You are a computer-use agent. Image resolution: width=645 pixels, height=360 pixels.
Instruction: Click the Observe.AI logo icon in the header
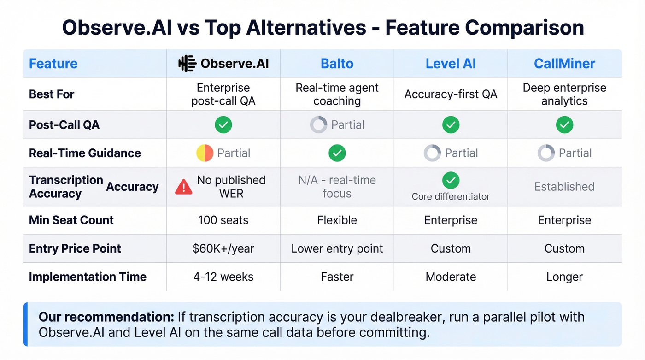[x=187, y=64]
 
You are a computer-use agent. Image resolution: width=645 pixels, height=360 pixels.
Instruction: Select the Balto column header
[x=337, y=64]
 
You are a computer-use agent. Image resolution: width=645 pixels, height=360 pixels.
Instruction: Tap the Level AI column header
[x=451, y=64]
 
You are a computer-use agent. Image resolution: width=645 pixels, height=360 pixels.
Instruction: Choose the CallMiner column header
[x=564, y=64]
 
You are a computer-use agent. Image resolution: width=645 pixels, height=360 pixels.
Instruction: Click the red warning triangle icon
[x=184, y=187]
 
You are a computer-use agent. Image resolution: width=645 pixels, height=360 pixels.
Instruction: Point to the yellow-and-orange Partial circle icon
[x=205, y=153]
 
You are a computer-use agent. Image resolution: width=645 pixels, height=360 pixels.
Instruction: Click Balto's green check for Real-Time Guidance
[x=337, y=153]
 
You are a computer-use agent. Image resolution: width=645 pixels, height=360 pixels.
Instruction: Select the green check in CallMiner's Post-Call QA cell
[x=564, y=124]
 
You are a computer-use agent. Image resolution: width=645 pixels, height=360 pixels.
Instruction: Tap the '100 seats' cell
[x=223, y=220]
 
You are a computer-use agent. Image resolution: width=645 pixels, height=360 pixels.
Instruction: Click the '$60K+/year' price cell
[x=223, y=248]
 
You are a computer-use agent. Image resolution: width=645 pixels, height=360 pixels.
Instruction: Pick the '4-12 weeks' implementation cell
[x=223, y=277]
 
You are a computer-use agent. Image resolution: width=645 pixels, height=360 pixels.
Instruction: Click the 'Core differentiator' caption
[x=451, y=197]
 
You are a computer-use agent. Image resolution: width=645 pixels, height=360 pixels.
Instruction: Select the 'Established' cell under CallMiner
[x=564, y=187]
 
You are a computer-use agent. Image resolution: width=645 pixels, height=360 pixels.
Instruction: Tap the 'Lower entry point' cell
[x=337, y=248]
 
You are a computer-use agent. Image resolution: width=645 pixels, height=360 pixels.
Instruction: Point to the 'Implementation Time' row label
[x=88, y=277]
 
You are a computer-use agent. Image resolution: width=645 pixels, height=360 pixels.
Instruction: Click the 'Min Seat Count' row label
[x=71, y=220]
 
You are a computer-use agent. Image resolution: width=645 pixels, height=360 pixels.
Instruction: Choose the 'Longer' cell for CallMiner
[x=564, y=277]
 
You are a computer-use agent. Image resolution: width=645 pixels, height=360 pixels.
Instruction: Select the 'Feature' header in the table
[x=53, y=64]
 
